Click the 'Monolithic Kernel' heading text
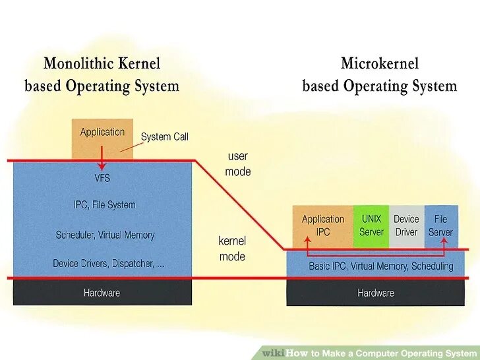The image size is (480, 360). coord(102,64)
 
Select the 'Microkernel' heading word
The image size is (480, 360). coord(380,63)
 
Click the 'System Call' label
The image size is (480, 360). coord(165,136)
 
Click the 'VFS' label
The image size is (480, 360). coord(103,178)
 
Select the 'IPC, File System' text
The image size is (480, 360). coord(105,205)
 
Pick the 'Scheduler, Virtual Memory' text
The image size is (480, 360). coord(105,235)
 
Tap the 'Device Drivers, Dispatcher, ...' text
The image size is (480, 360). coord(109,263)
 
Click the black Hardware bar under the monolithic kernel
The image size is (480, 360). coord(102,292)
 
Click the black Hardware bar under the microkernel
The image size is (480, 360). coord(376,293)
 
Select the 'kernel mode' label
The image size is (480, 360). coord(232,249)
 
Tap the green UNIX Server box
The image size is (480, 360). coord(371,225)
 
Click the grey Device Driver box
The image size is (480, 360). coord(406,225)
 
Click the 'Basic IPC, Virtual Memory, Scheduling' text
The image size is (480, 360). coord(381,266)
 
